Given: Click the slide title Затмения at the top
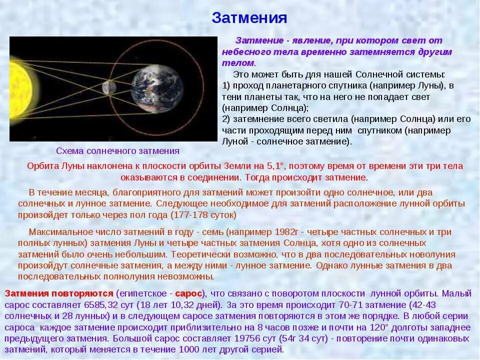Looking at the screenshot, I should (249, 18).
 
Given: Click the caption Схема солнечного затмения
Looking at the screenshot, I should (117, 150).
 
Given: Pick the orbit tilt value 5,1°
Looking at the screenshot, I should (274, 166).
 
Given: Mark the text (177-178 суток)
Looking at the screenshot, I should (203, 215).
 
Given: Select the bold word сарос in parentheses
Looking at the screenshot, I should (189, 293).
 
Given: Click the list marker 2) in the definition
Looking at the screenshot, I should (226, 119).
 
